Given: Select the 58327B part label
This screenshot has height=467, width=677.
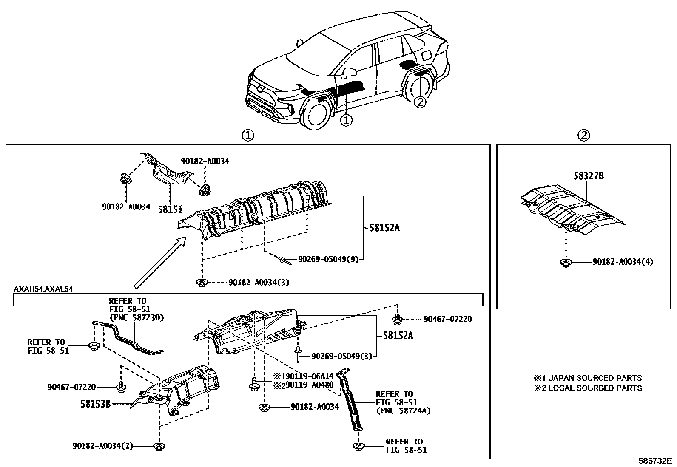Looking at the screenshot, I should coord(588,175).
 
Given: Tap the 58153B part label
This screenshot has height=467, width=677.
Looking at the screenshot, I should coord(96,404).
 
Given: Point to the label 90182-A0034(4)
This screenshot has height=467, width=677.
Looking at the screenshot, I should coord(623,262).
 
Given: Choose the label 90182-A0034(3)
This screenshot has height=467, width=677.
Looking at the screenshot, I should coord(259,282).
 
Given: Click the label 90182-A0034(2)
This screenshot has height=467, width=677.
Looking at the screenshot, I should coord(102,446).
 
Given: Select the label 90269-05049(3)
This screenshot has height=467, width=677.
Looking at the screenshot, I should coord(341,356).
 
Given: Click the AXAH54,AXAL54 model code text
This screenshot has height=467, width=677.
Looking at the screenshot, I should coord(43,289).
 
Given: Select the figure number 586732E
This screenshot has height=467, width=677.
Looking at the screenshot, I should coord(654,461).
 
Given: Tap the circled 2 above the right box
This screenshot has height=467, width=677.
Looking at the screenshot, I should coord(583,135).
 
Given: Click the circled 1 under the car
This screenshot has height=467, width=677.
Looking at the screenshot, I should coord(347,121).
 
